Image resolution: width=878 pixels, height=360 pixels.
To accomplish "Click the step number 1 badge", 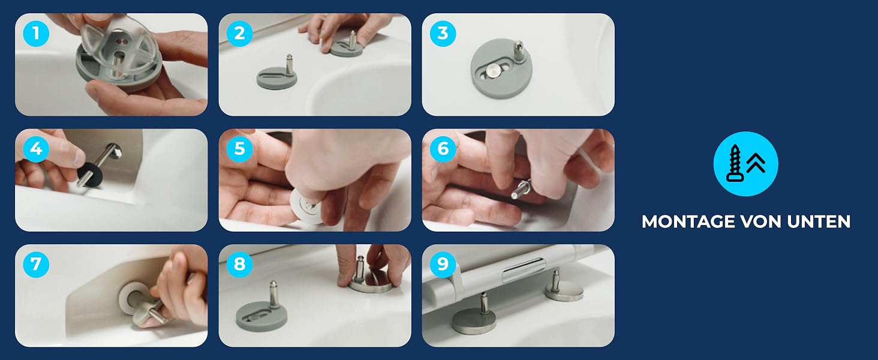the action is pyautogui.click(x=36, y=34).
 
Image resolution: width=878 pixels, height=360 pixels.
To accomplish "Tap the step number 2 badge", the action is pyautogui.click(x=239, y=34).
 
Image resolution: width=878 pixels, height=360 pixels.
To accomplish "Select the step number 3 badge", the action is pyautogui.click(x=443, y=34).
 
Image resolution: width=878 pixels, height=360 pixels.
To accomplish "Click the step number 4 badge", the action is pyautogui.click(x=36, y=149).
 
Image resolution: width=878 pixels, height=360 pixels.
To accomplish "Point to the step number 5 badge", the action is pyautogui.click(x=239, y=149).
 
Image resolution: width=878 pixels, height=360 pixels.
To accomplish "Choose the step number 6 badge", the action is pyautogui.click(x=443, y=149).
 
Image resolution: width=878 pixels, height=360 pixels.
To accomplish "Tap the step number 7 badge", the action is pyautogui.click(x=36, y=265).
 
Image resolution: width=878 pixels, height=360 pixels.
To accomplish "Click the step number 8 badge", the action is pyautogui.click(x=239, y=265).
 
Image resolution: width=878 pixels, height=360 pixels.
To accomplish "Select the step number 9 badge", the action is pyautogui.click(x=443, y=265).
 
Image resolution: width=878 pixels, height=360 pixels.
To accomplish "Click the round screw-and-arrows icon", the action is pyautogui.click(x=745, y=164).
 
